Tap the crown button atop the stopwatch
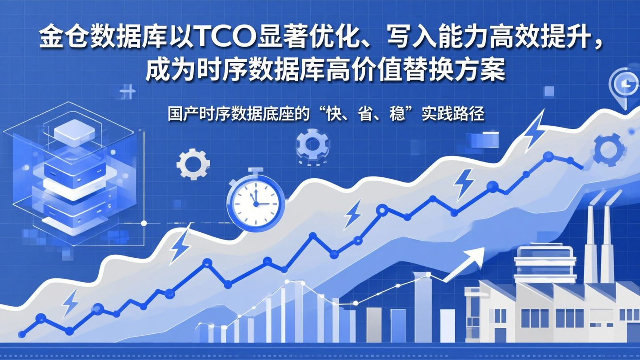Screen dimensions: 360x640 pyautogui.click(x=255, y=170)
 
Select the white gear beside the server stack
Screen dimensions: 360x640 pyautogui.click(x=193, y=164)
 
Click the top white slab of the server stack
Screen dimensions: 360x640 pyautogui.click(x=75, y=130)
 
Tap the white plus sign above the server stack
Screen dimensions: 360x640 pyautogui.click(x=128, y=92)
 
